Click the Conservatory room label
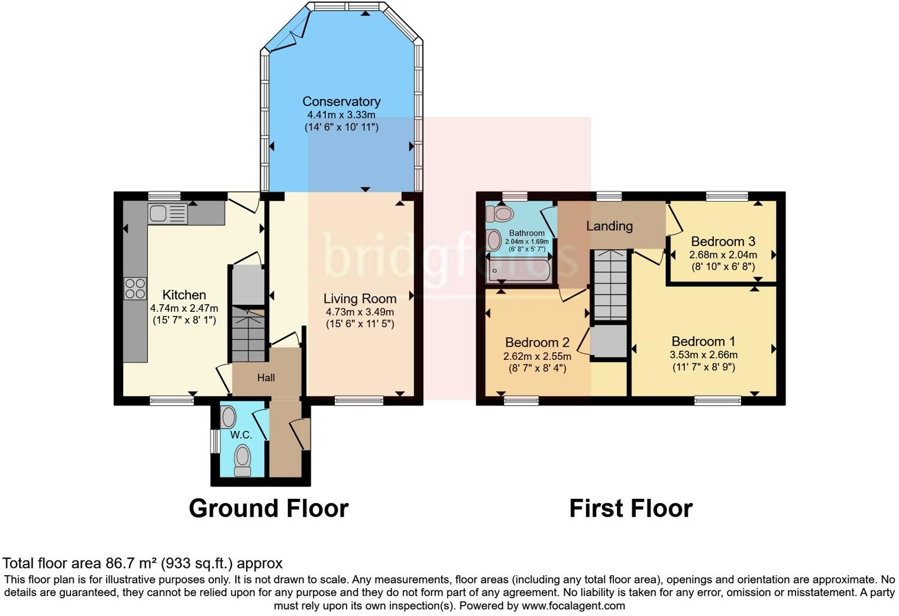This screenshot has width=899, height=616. [x=341, y=101]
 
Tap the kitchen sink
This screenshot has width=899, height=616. [x=167, y=213]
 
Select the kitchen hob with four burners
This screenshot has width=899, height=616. [x=135, y=288]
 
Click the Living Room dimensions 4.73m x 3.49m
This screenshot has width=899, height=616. [x=360, y=312]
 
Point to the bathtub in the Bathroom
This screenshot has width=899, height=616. [x=519, y=271]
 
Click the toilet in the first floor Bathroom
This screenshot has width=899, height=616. [x=500, y=214]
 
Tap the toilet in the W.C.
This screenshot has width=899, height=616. [x=242, y=460]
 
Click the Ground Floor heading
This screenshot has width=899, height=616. [x=269, y=508]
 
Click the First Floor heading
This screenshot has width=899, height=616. [x=630, y=508]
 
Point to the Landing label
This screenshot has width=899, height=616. [x=609, y=226]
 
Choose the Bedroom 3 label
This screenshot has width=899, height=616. [x=723, y=241]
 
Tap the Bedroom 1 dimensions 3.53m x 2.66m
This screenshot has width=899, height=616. [x=703, y=355]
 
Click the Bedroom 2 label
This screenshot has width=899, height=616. [x=537, y=343]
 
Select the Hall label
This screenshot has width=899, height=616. [x=266, y=378]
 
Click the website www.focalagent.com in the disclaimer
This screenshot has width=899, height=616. [x=573, y=605]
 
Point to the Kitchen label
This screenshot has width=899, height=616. [x=184, y=295]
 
